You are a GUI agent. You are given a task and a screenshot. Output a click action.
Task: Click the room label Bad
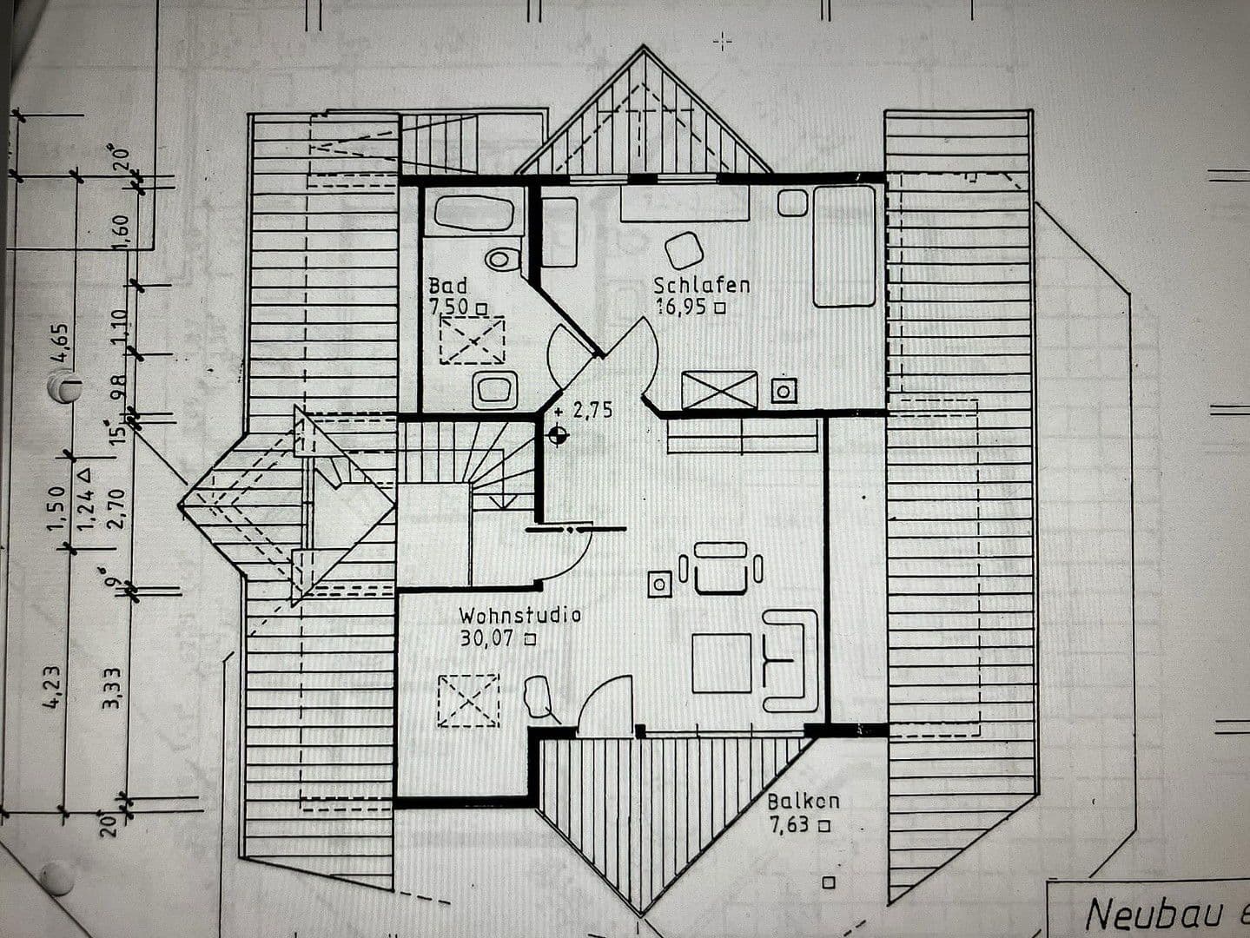[x=447, y=286]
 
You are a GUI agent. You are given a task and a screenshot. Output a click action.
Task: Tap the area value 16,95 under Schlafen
[x=682, y=307]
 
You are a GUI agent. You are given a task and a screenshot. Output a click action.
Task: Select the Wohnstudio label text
[x=519, y=616]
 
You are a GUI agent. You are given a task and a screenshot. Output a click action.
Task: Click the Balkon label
[x=803, y=802]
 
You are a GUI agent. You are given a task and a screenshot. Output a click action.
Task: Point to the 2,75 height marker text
[x=592, y=411]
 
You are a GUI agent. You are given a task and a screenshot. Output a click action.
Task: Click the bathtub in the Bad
[x=473, y=213]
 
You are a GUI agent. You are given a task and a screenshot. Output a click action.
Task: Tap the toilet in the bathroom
[x=503, y=259]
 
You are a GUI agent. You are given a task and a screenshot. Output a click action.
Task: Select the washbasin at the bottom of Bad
[x=495, y=390]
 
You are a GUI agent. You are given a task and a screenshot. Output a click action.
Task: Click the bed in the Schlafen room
[x=843, y=246]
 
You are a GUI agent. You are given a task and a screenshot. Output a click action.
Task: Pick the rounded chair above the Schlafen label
[x=685, y=250]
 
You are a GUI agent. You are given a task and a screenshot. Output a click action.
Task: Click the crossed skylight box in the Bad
[x=472, y=340]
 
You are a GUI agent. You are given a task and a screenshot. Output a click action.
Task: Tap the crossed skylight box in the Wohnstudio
[x=468, y=700]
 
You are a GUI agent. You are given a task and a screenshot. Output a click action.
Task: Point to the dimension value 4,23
[x=52, y=686]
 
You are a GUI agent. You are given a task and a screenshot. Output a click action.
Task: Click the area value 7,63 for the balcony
[x=790, y=824]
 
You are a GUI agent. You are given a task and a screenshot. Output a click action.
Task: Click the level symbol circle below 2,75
[x=558, y=435]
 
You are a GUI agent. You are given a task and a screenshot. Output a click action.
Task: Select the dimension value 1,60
[x=120, y=231]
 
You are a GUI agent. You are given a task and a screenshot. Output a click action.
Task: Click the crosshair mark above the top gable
[x=722, y=41]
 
